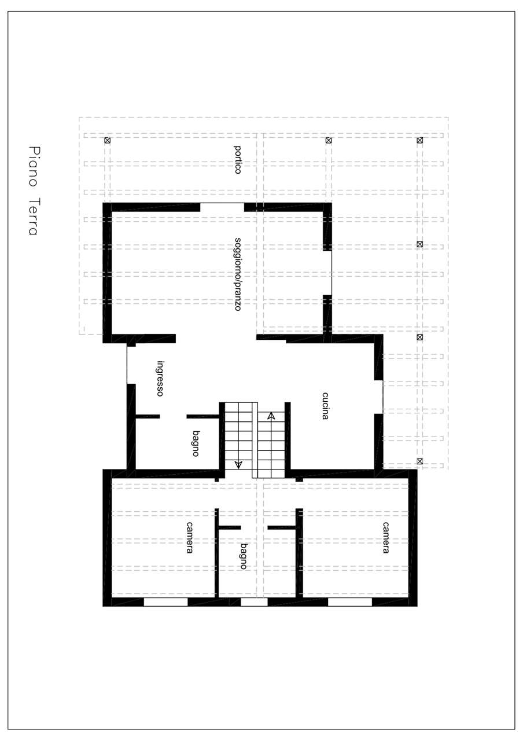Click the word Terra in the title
click(34, 217)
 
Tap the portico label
click(238, 159)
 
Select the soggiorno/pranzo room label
click(238, 274)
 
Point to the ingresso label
click(160, 379)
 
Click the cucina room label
click(325, 406)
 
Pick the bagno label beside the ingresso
click(196, 443)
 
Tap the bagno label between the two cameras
click(244, 556)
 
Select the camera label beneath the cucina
click(385, 538)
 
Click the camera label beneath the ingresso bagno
click(189, 538)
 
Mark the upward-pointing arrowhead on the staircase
click(271, 416)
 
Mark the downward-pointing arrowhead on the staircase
click(238, 464)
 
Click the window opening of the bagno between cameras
click(254, 602)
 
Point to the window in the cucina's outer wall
click(378, 397)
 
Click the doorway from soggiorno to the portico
click(222, 207)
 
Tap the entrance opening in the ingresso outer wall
click(131, 363)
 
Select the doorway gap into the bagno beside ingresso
click(173, 416)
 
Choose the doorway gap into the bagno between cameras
click(254, 527)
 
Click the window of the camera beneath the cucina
click(350, 602)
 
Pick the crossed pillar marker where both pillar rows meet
click(420, 140)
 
